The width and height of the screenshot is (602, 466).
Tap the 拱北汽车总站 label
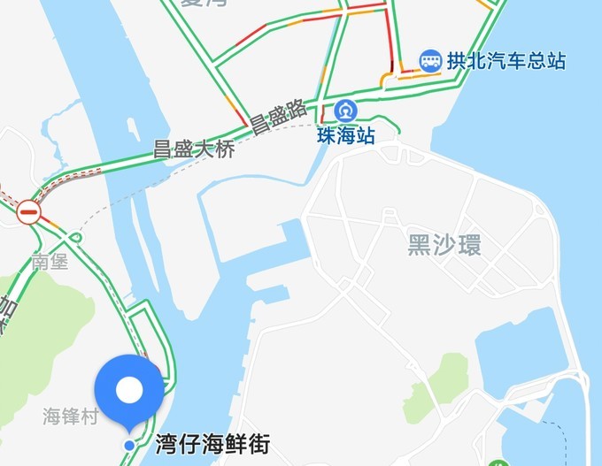click(506, 61)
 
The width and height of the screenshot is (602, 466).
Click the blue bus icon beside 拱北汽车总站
click(431, 61)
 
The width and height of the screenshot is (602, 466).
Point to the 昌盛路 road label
click(277, 116)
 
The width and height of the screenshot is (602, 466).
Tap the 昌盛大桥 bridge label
click(194, 149)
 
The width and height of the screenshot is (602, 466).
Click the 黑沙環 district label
click(444, 245)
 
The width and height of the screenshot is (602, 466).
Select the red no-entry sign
click(29, 211)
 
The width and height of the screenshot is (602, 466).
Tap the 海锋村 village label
click(71, 416)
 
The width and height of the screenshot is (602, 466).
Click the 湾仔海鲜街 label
click(212, 443)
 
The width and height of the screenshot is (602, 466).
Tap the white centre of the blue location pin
click(129, 389)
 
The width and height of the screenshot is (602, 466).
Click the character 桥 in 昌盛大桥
click(226, 149)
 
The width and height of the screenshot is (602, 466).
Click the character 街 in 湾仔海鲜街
click(258, 443)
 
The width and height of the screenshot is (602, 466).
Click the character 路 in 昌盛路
click(297, 109)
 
